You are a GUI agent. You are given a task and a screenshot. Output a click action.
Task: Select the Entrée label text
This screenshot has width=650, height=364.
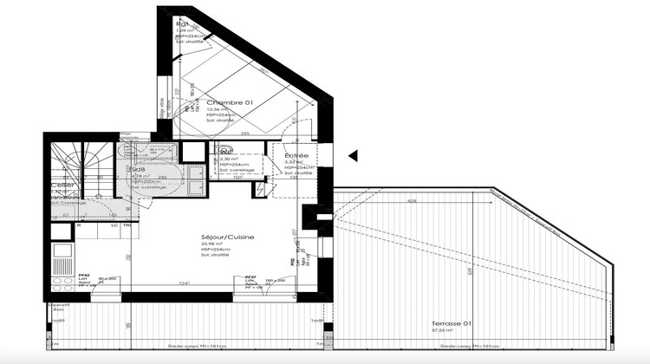pyautogui.click(x=296, y=155)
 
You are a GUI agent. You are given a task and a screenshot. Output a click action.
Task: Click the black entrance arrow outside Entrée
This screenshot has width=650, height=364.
pyautogui.click(x=352, y=156)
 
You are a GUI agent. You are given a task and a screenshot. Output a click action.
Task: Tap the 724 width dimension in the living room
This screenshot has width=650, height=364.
pyautogui.click(x=184, y=283)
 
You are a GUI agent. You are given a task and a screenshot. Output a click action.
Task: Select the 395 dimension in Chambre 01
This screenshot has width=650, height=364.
pyautogui.click(x=245, y=133)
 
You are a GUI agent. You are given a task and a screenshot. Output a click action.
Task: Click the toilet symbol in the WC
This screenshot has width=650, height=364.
pyautogui.click(x=224, y=150)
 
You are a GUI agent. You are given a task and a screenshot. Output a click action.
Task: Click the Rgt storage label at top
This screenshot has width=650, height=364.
pyautogui.click(x=183, y=23)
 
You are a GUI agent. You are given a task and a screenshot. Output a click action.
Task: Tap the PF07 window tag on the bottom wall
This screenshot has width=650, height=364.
pyautogui.click(x=250, y=275)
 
